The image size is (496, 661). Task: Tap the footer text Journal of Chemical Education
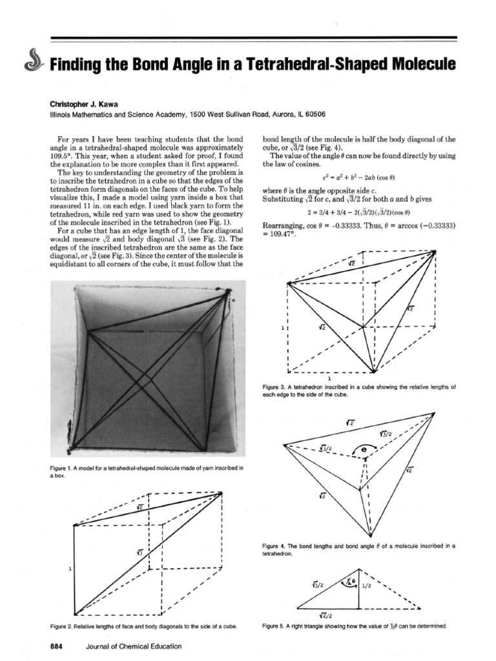[133, 646]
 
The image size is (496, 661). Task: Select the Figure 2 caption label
[63, 626]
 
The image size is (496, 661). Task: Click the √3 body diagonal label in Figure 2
[139, 552]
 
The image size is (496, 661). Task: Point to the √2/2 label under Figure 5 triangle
[326, 615]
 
